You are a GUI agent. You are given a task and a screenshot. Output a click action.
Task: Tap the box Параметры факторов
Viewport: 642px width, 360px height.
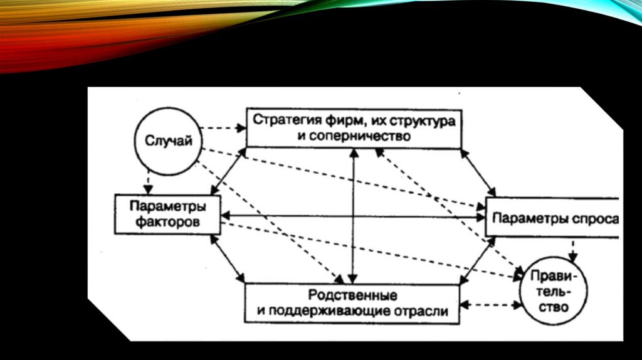(167, 214)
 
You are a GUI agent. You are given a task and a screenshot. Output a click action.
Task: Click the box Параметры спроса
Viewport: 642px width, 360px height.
(552, 218)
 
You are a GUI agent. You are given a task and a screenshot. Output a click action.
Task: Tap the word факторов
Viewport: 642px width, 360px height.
(167, 222)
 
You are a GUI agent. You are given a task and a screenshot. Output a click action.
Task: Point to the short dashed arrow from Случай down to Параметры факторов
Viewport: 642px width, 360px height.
(147, 183)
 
